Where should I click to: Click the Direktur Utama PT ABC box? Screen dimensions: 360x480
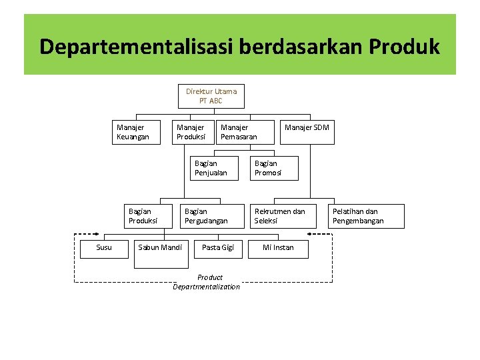211,96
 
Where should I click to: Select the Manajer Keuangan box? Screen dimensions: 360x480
139,132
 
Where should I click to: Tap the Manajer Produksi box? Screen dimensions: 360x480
194,132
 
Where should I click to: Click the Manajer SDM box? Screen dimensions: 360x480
306,131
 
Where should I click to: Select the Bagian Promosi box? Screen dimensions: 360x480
274,168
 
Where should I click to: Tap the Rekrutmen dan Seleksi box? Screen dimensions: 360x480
283,216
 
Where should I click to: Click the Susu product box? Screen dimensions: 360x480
104,248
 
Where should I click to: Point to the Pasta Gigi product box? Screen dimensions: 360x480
217,248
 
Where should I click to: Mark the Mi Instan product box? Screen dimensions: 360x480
277,248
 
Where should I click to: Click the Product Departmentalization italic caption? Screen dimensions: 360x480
207,282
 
